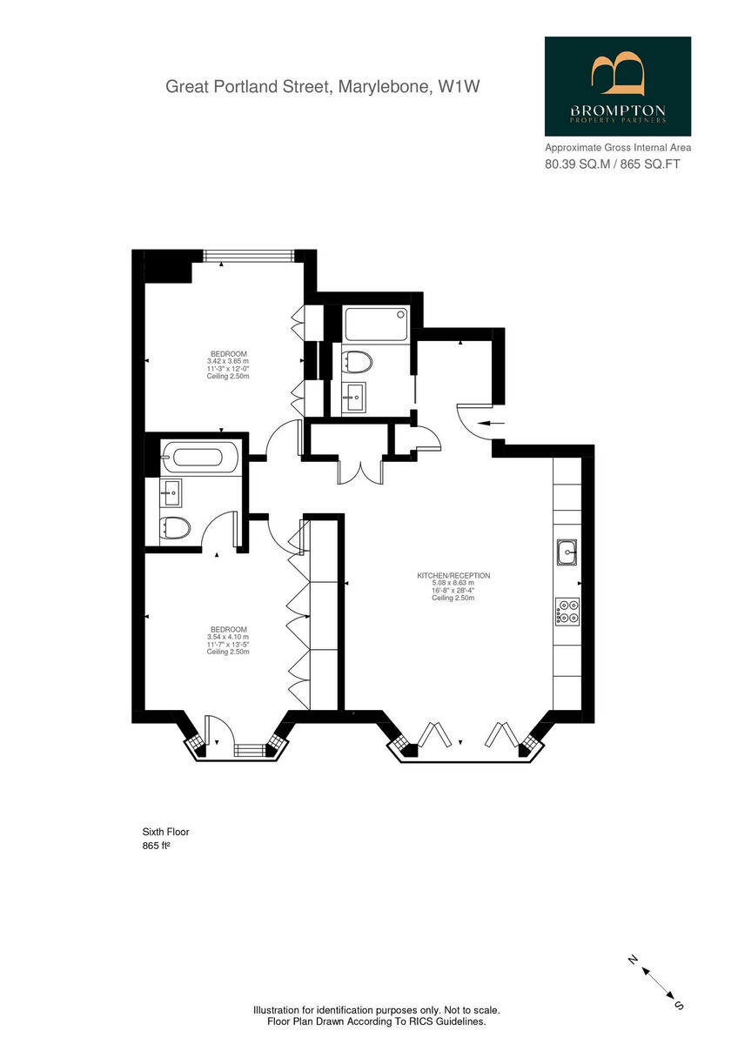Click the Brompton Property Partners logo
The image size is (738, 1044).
pyautogui.click(x=618, y=86)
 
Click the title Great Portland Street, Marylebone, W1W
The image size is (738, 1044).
pyautogui.click(x=324, y=86)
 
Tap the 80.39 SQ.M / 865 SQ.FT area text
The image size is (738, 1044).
pyautogui.click(x=612, y=164)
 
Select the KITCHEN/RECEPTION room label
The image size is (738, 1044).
pyautogui.click(x=453, y=576)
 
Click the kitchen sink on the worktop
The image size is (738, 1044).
pyautogui.click(x=568, y=551)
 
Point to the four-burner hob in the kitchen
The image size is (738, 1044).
pyautogui.click(x=568, y=612)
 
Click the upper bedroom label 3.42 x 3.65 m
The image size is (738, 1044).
pyautogui.click(x=228, y=361)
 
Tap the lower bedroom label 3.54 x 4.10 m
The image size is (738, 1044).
pyautogui.click(x=228, y=637)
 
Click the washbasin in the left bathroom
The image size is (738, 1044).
pyautogui.click(x=171, y=493)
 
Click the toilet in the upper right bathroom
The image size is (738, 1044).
pyautogui.click(x=358, y=360)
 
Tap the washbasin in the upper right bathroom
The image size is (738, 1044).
pyautogui.click(x=353, y=399)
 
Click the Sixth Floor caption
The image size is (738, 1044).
pyautogui.click(x=165, y=832)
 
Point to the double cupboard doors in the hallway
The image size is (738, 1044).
pyautogui.click(x=360, y=470)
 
